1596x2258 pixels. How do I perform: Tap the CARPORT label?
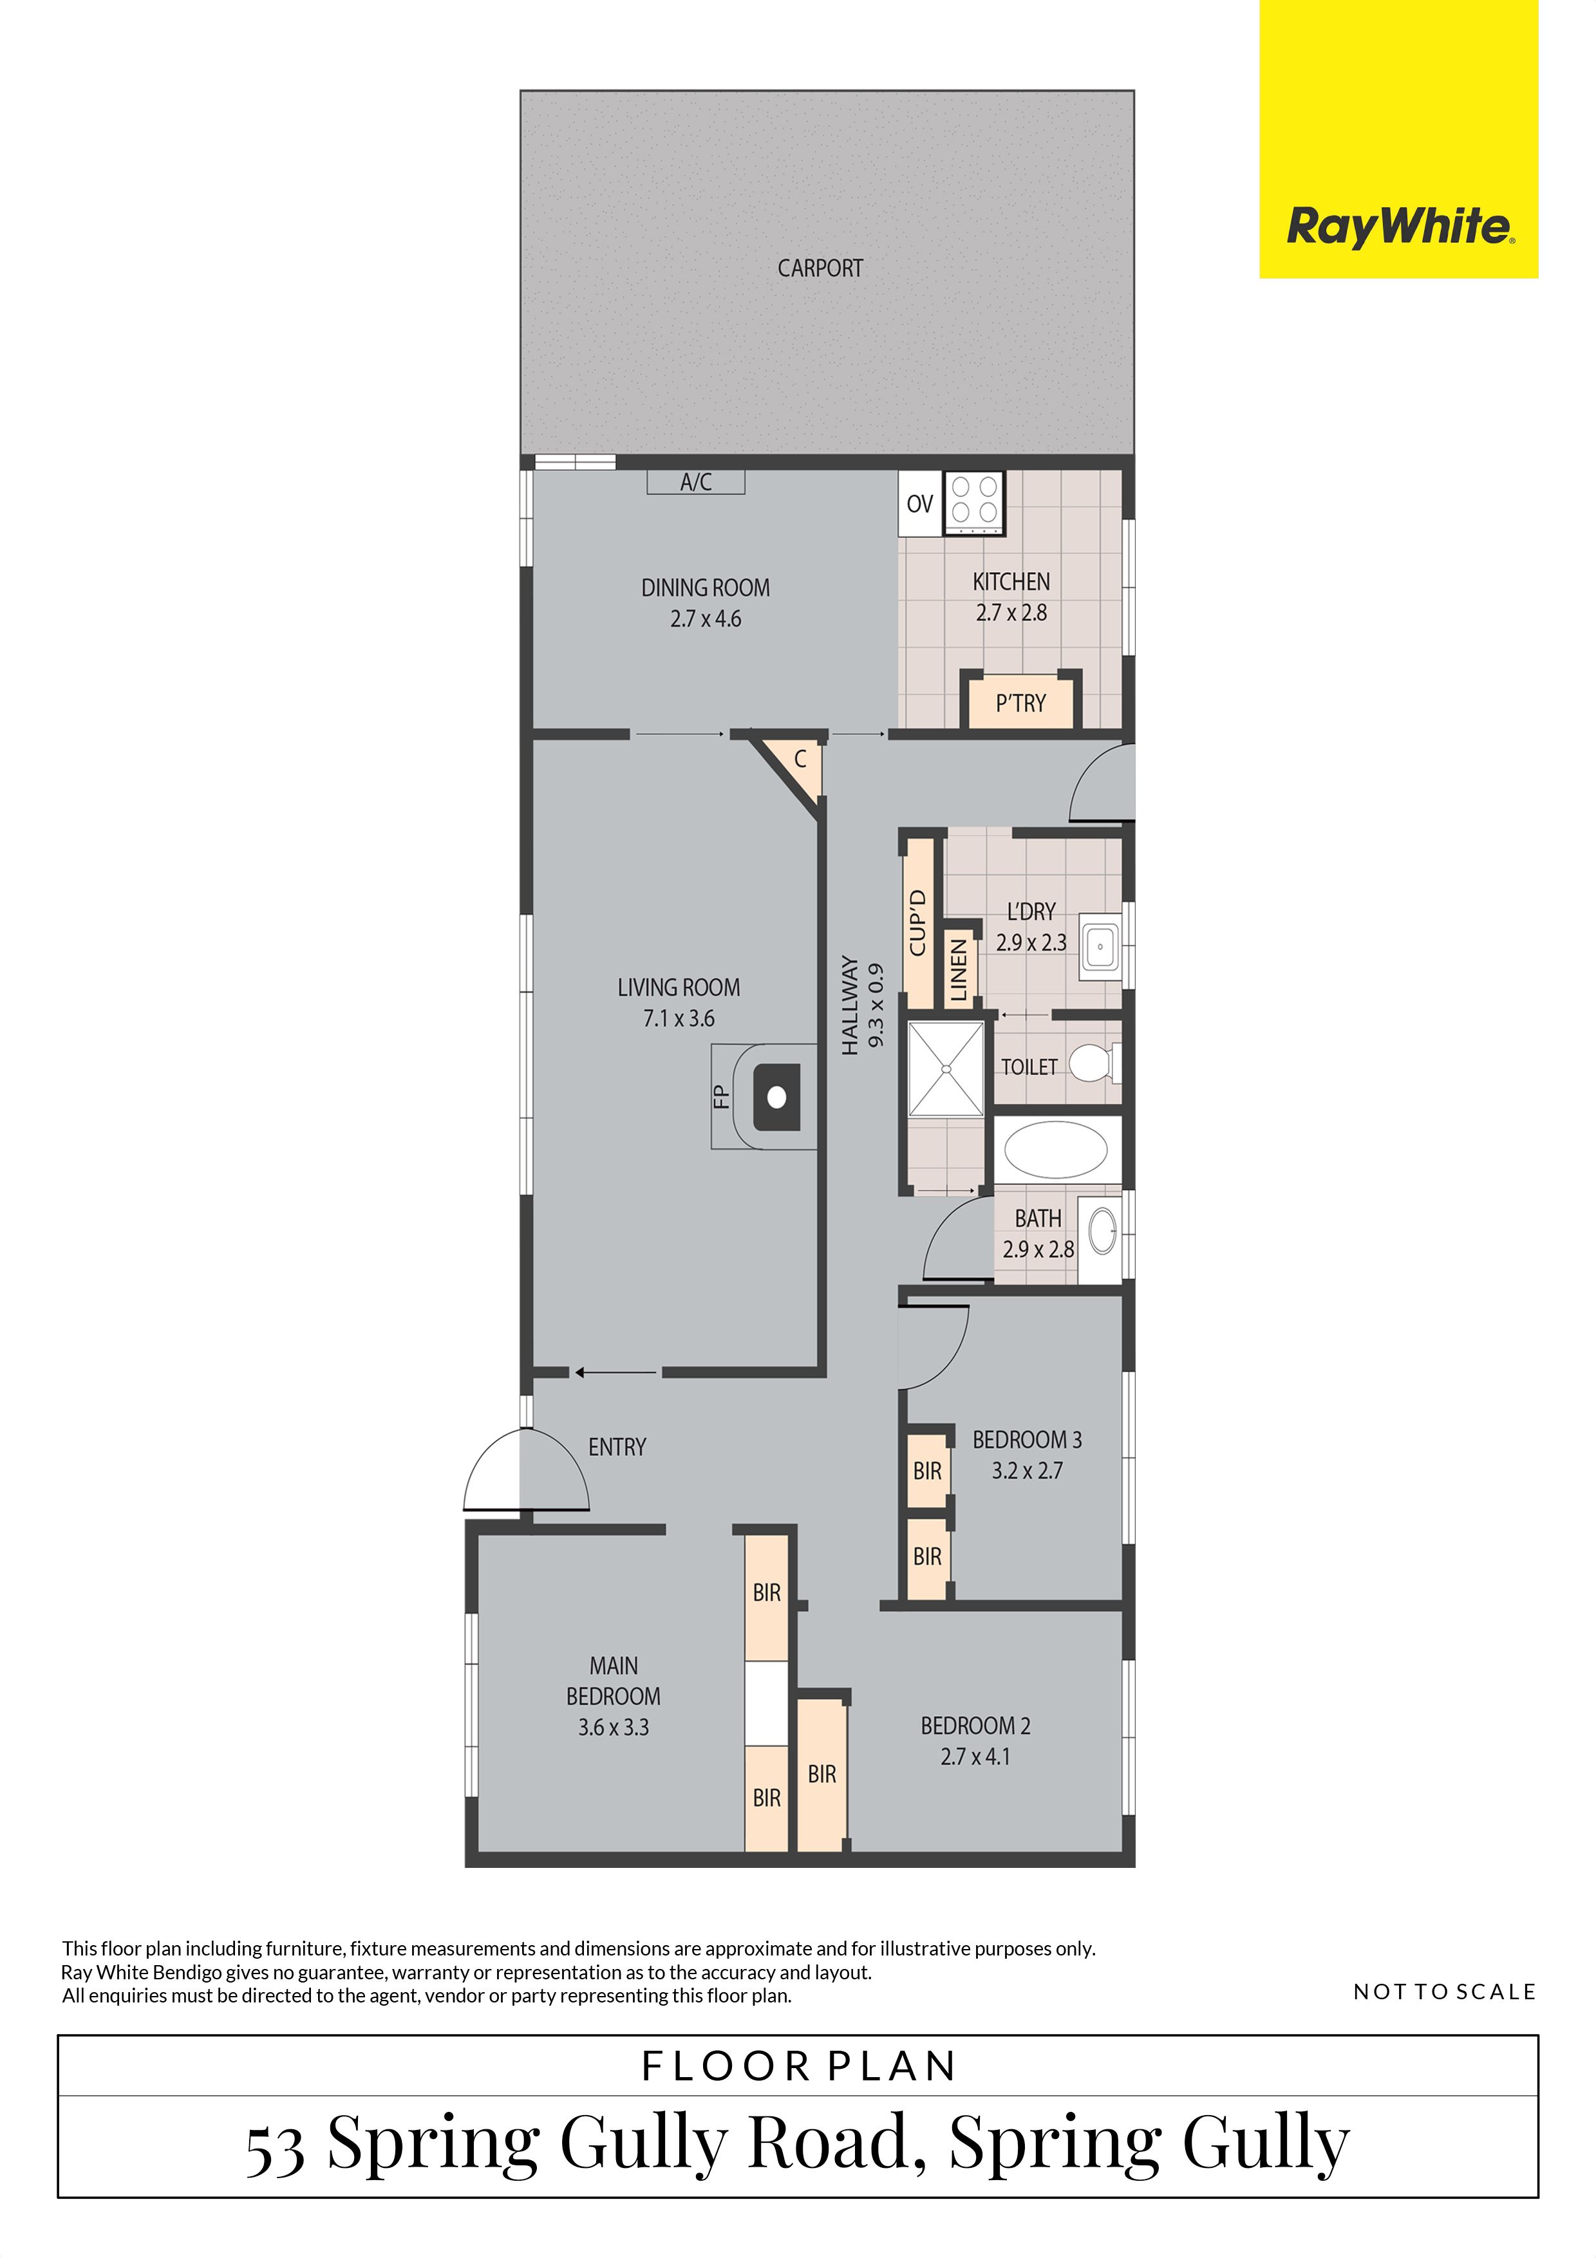click(x=820, y=268)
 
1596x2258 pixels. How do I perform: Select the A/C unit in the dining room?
click(x=695, y=482)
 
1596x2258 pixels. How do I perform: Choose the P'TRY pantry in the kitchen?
click(x=1020, y=702)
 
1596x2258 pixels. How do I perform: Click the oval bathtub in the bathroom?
click(x=1055, y=1150)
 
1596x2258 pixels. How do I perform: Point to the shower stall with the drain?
click(x=946, y=1068)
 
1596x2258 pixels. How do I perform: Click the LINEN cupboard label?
click(x=959, y=969)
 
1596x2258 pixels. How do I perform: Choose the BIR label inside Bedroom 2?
click(x=822, y=1774)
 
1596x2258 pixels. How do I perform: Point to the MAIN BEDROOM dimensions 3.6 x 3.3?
click(x=614, y=1727)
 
